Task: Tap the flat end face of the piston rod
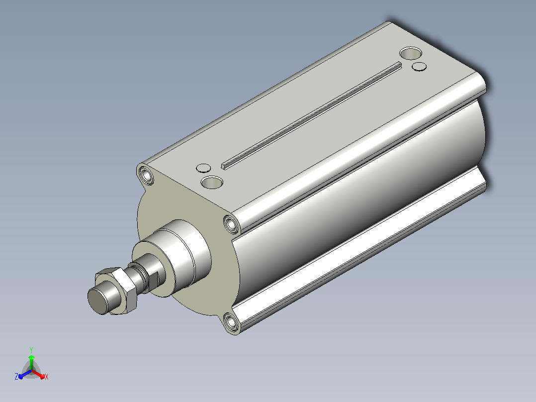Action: (98, 301)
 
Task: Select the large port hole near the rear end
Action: (410, 53)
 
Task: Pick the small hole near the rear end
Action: (419, 66)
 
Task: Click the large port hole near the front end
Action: (212, 182)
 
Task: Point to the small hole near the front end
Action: (203, 168)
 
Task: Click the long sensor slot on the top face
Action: (311, 115)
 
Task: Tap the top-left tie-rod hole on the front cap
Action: (147, 176)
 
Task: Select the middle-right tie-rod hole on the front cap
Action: (232, 224)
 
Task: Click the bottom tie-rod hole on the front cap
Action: (231, 322)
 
